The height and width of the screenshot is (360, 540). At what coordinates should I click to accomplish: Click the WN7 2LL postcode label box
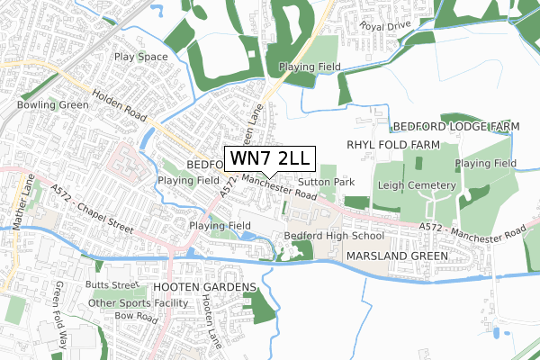(x=269, y=158)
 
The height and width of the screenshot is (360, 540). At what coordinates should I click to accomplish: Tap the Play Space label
(x=141, y=57)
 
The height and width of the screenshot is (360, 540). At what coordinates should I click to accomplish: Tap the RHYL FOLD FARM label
(x=391, y=145)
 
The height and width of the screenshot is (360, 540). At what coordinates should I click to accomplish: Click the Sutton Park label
(x=333, y=182)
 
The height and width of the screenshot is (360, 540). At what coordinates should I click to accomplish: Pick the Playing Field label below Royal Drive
(x=309, y=67)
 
